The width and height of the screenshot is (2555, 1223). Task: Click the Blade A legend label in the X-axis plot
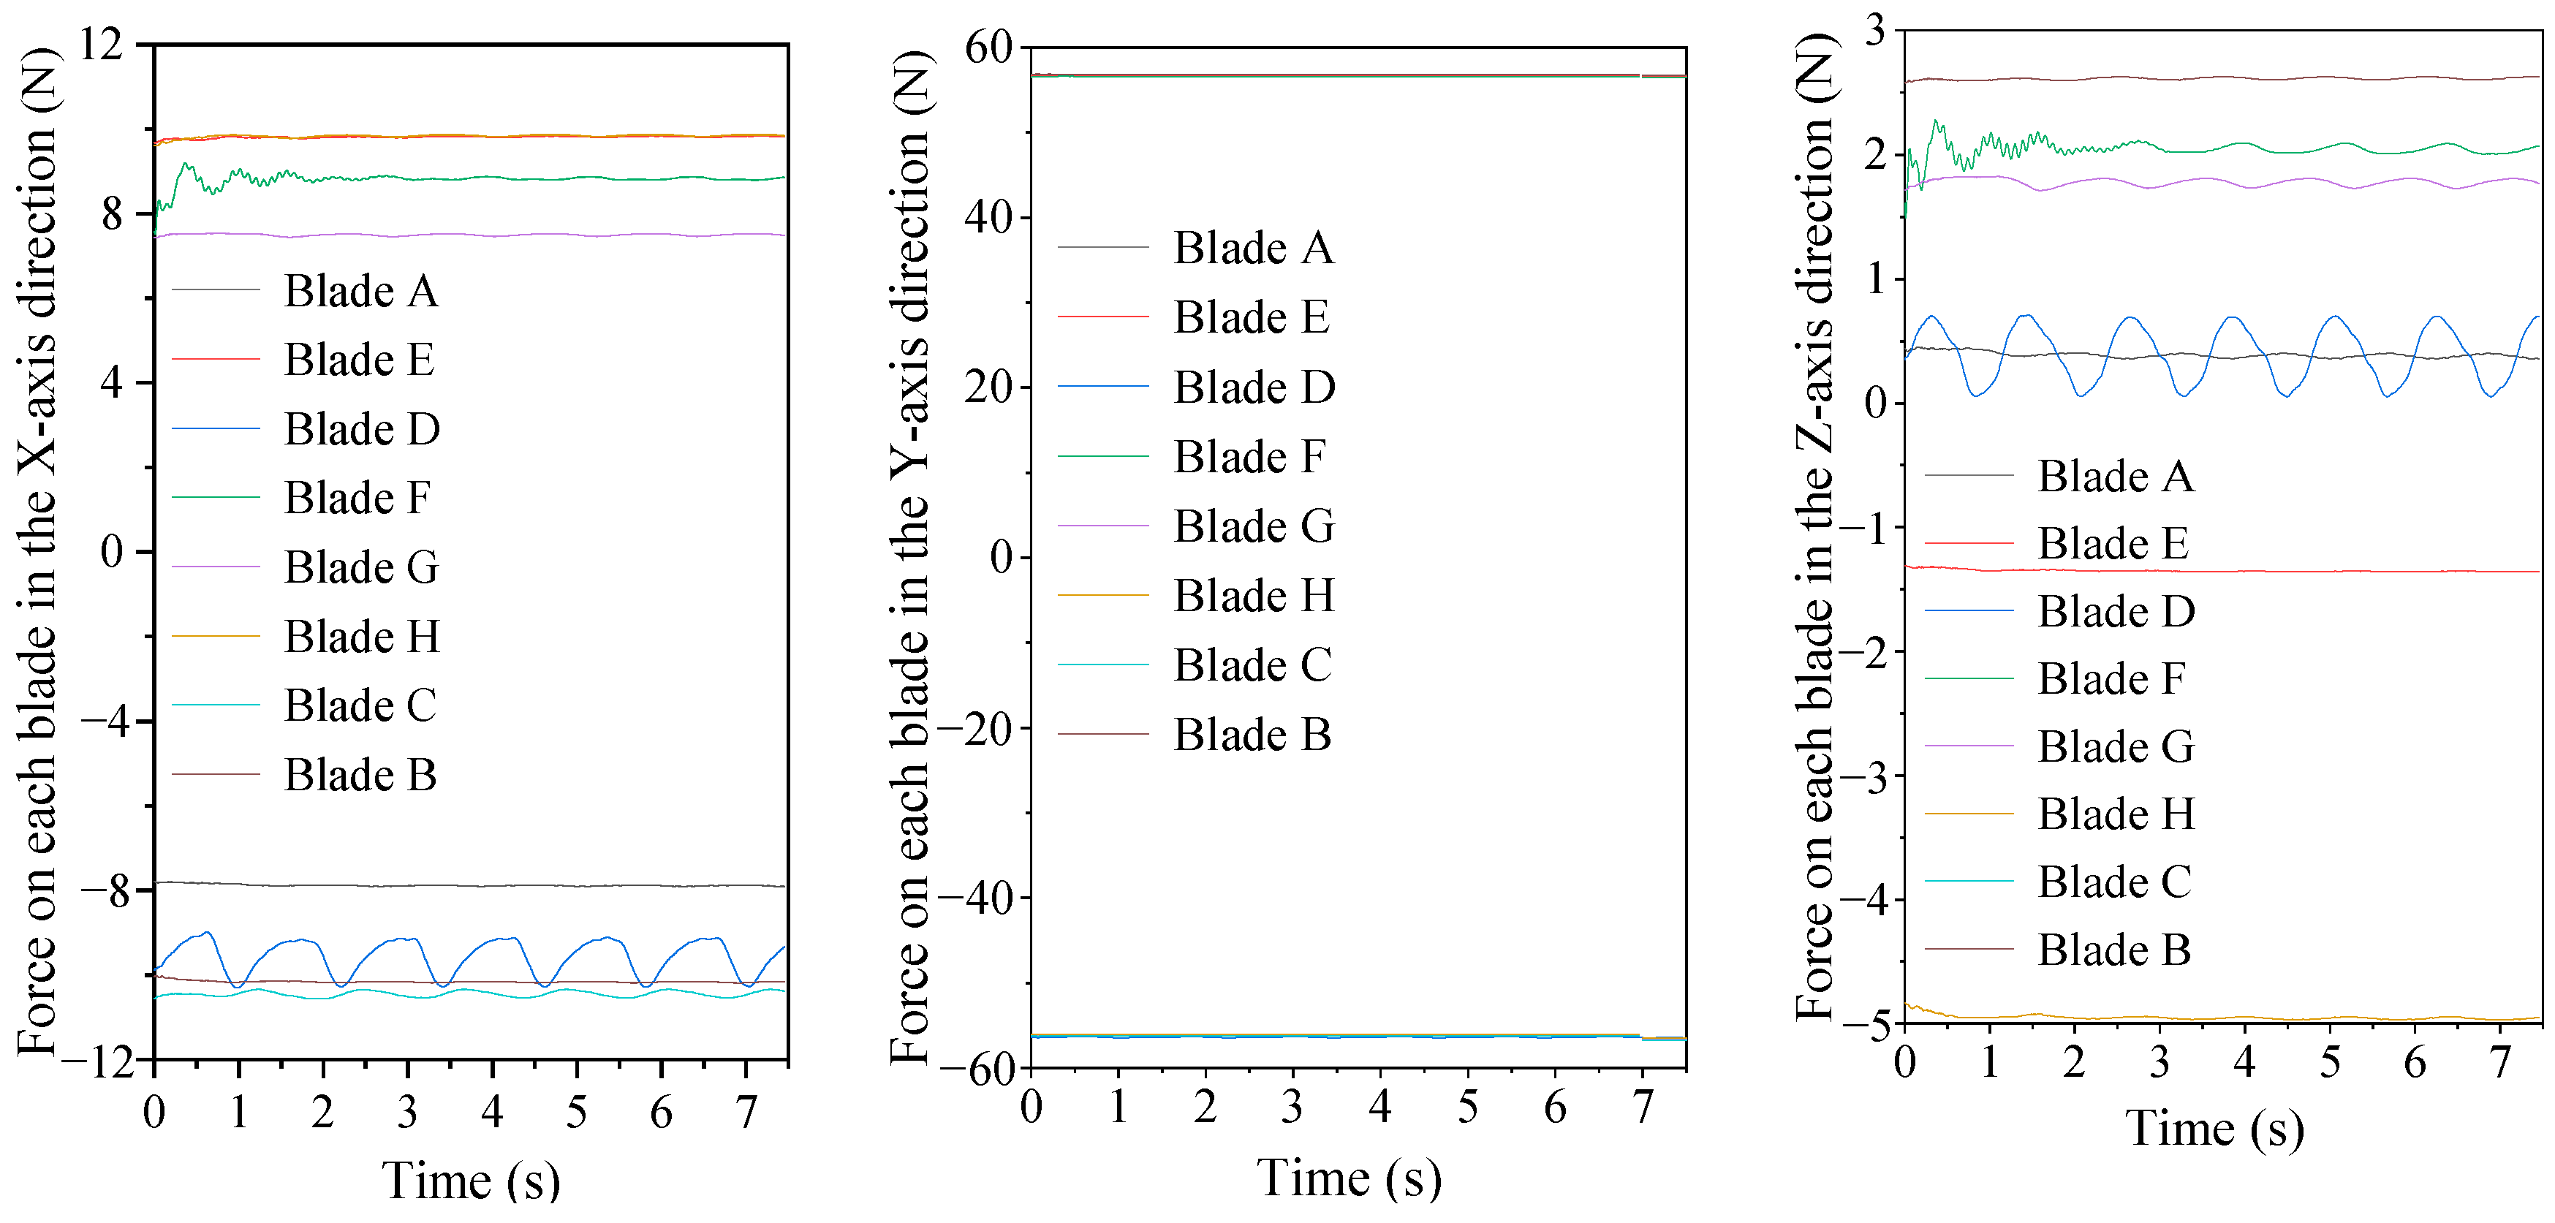pos(361,292)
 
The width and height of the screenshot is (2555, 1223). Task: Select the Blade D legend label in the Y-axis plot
pos(1254,388)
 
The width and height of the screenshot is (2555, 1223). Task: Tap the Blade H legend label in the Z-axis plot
pos(2116,814)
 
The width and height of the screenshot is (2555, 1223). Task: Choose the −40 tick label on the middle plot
pos(976,898)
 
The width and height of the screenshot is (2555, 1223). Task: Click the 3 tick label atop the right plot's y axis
pos(1874,30)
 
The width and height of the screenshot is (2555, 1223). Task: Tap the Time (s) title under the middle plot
pos(1349,1178)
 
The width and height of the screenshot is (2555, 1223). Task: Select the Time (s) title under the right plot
pos(2214,1129)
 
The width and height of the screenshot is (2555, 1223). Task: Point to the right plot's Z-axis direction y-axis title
pos(1815,526)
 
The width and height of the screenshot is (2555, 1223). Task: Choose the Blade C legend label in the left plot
pos(360,706)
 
